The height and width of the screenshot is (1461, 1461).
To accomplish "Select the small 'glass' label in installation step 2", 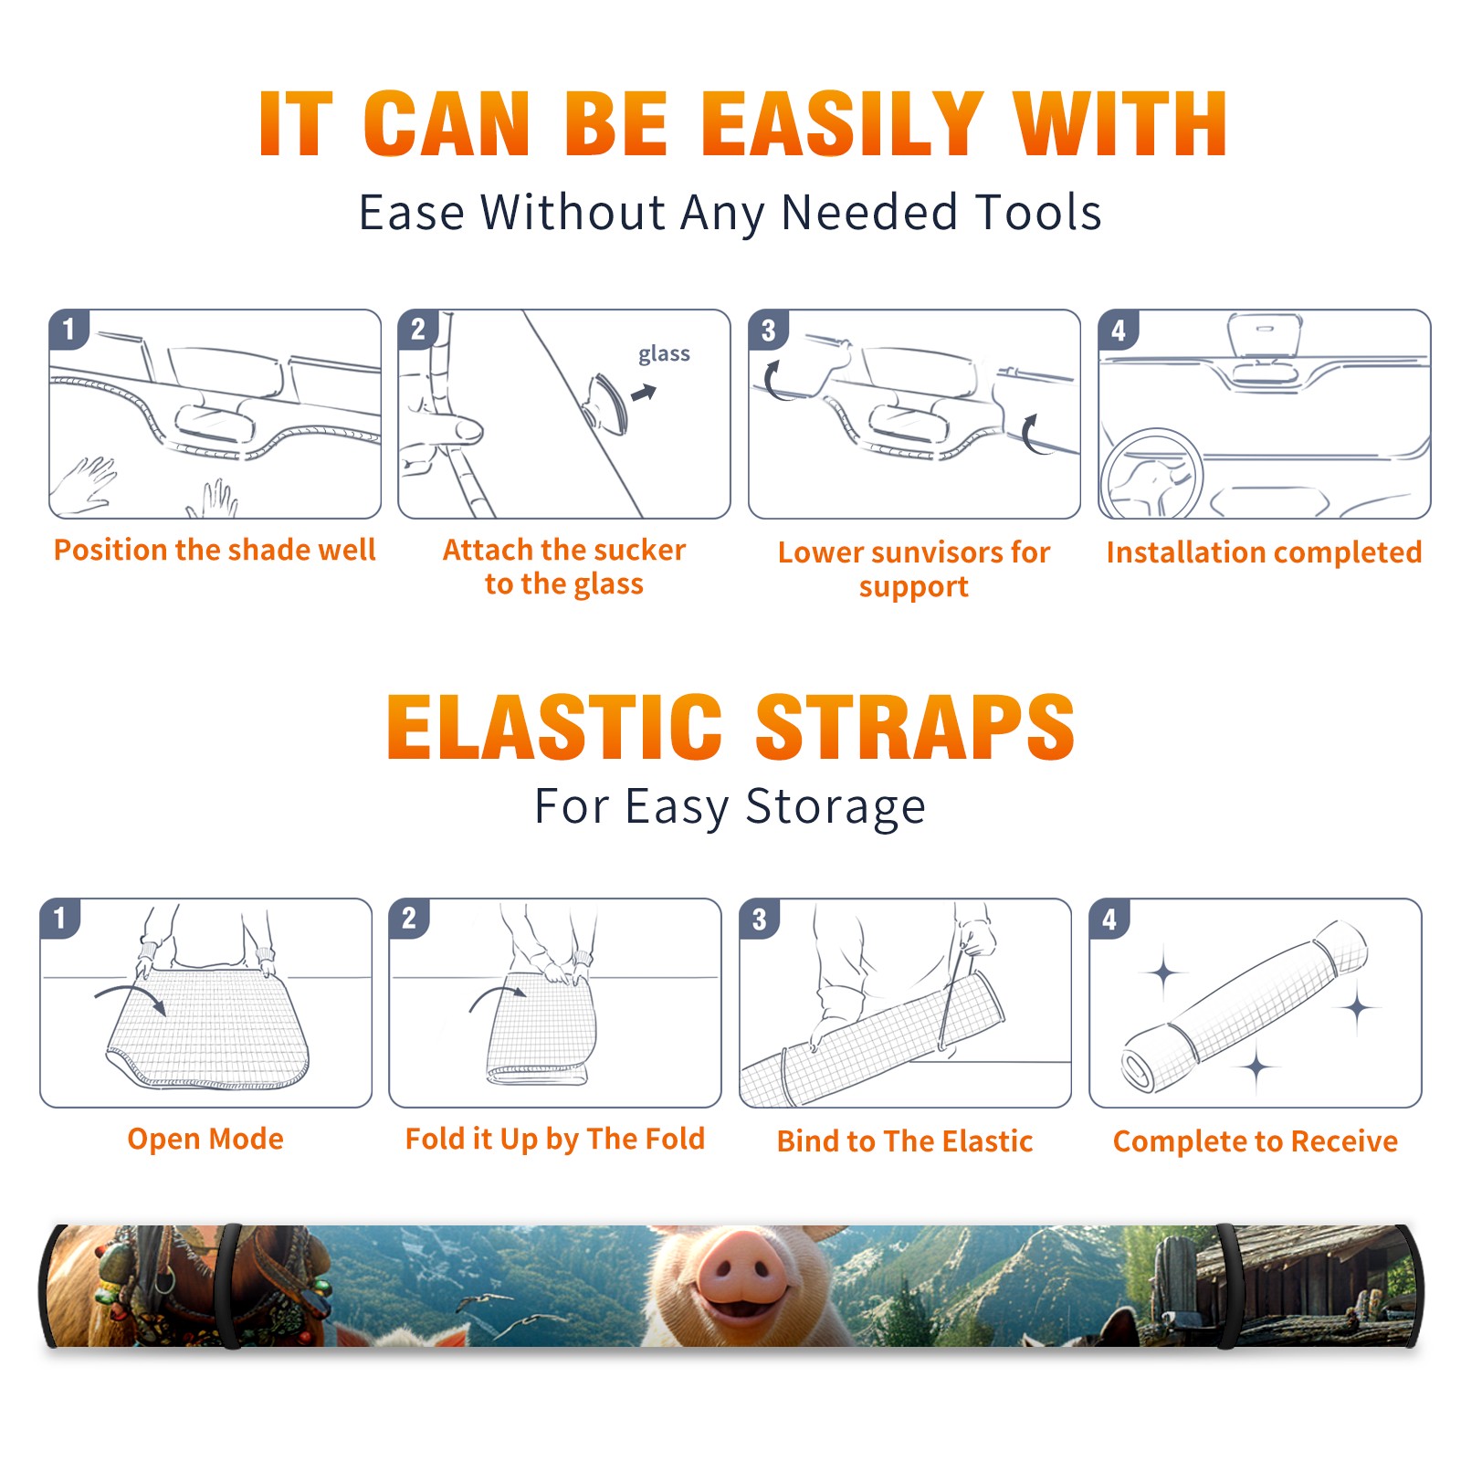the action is tap(664, 353).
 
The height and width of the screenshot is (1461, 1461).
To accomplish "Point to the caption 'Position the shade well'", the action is tap(215, 550).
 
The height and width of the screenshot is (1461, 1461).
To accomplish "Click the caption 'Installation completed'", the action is tap(1264, 552).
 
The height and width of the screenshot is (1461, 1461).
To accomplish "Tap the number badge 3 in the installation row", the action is tap(768, 330).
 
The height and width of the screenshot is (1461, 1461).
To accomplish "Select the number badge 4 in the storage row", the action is tap(1109, 919).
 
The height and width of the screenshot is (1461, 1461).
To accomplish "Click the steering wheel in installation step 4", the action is tap(1151, 473).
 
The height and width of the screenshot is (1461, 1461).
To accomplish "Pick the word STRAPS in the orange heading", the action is tap(915, 727).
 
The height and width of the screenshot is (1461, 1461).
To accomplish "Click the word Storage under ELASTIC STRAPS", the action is tap(836, 807).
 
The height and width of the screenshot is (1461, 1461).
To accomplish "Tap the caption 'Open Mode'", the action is tap(205, 1139).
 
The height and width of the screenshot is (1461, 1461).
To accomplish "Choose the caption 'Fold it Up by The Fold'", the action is tap(555, 1139).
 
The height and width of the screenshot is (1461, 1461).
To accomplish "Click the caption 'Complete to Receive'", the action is tap(1256, 1141).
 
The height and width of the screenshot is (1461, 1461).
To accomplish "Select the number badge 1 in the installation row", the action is tap(68, 330).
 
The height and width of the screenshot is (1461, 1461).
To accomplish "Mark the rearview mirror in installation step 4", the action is tap(1265, 335).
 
